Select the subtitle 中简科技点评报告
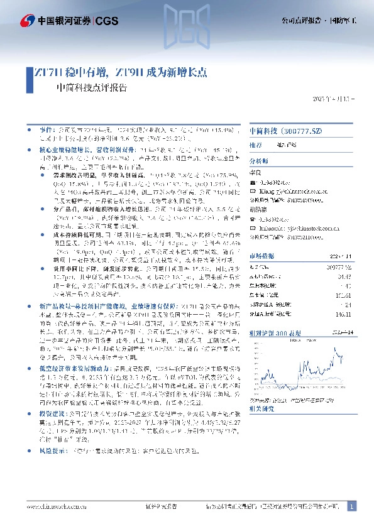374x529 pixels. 91,89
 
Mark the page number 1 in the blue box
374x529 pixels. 351,506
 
